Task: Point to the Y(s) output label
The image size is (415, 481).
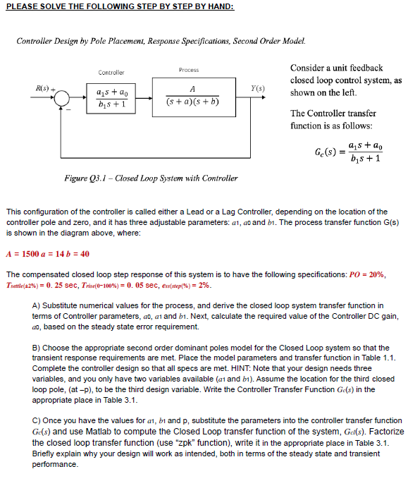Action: point(258,88)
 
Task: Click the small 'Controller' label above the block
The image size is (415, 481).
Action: point(111,72)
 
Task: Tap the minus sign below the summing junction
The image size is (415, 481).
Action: point(68,109)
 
